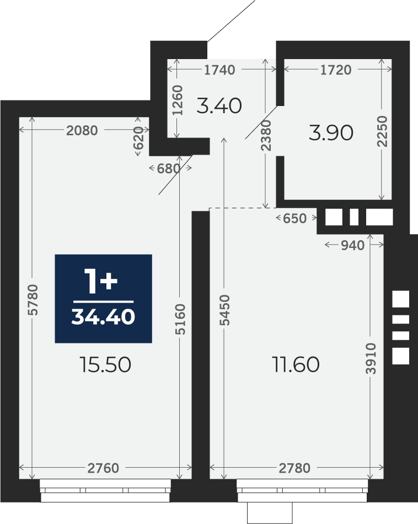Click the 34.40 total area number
103,317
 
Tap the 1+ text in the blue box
101,282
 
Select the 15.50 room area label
105,364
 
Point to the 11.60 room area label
296,364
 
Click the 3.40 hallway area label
219,105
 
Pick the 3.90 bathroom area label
331,133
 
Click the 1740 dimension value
219,70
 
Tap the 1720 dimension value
336,70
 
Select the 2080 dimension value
82,131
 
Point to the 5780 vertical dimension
33,300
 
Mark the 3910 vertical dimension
371,358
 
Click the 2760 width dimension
103,468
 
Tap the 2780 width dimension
294,468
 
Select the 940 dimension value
352,246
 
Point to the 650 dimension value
294,219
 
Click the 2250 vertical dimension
382,131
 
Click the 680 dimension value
169,169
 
